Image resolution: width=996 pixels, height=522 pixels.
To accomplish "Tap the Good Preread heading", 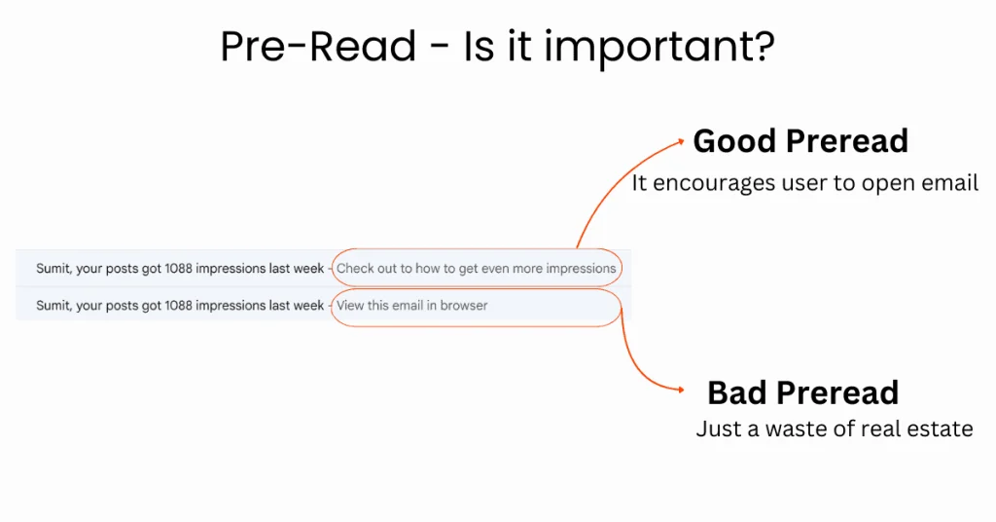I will pos(800,141).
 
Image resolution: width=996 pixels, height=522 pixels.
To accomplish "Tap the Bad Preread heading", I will pos(802,392).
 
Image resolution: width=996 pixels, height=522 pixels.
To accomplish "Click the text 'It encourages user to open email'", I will pos(804,183).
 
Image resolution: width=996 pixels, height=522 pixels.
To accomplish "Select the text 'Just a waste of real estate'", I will pos(834,429).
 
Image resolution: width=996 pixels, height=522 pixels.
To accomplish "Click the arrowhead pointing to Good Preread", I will pos(679,140).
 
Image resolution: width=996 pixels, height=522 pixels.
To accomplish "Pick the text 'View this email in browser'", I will pos(412,305).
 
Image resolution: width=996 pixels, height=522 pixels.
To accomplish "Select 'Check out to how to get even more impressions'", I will pos(476,268).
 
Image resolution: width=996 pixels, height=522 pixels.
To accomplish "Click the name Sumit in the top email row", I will pos(54,268).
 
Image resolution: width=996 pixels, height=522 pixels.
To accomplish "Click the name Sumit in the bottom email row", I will pos(54,305).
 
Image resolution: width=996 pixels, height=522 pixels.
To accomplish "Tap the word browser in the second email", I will pos(464,305).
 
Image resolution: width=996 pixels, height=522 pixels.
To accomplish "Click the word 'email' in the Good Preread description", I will pos(948,183).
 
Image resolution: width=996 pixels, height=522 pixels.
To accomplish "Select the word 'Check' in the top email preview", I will pos(355,268).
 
